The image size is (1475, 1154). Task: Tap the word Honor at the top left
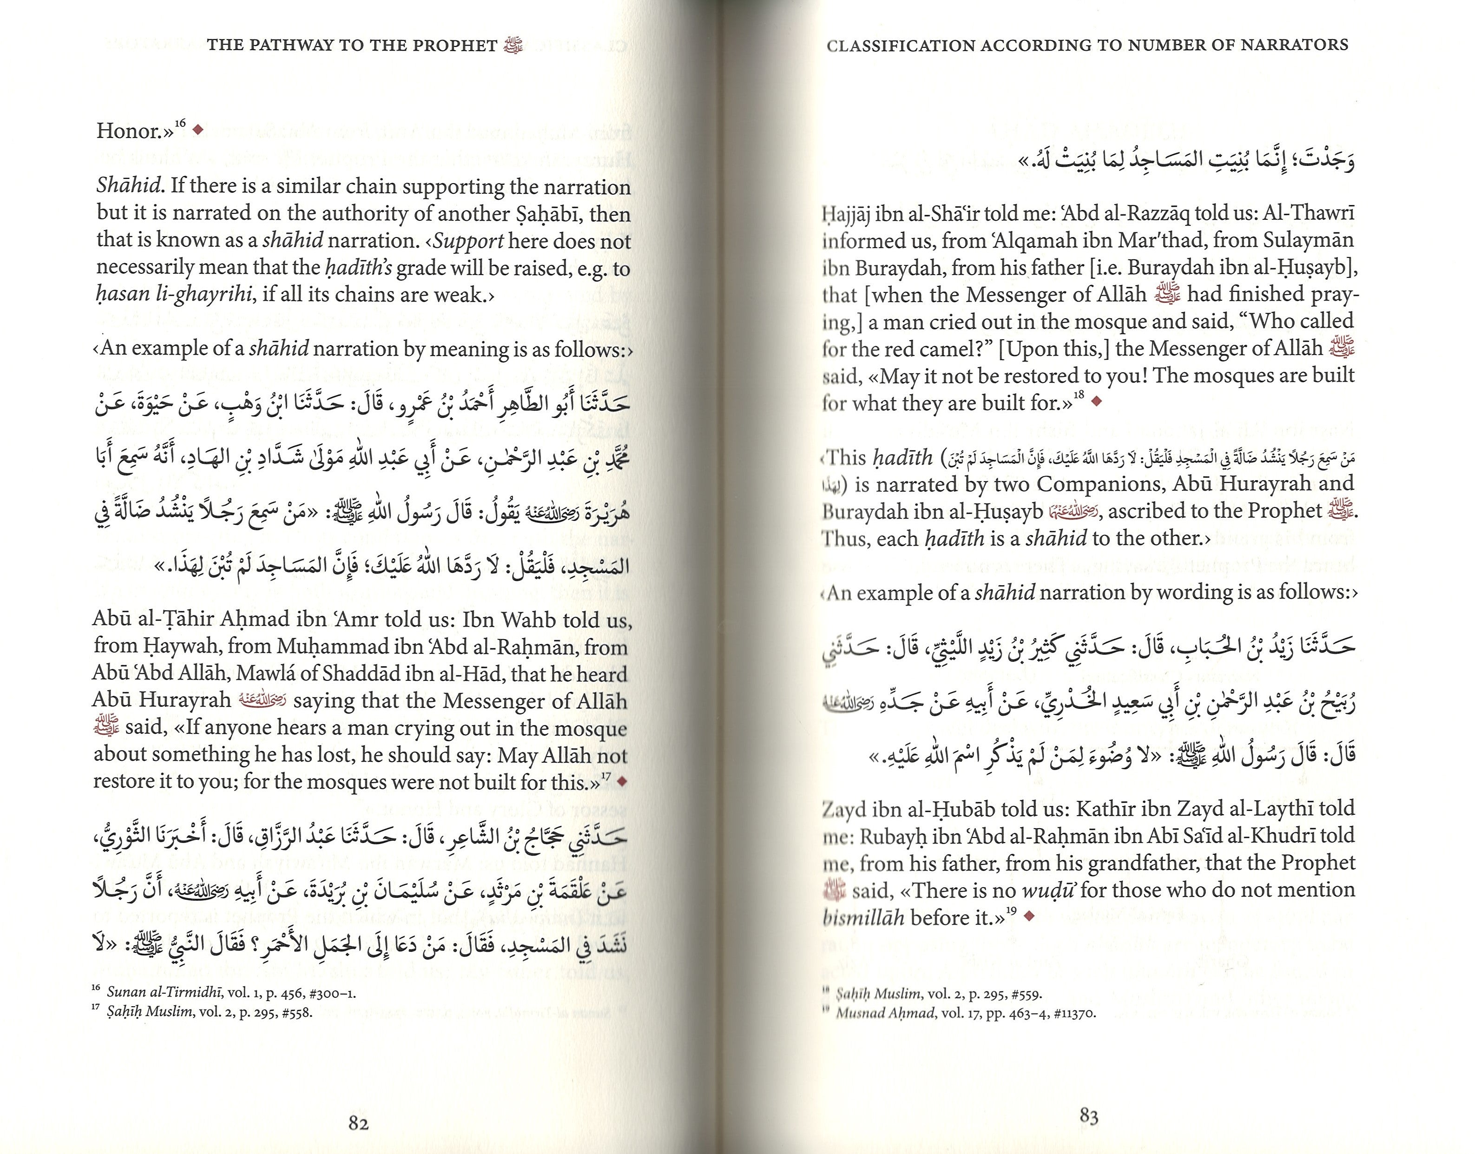[132, 131]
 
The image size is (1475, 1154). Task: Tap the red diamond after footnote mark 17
[622, 781]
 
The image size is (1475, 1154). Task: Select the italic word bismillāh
[863, 917]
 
